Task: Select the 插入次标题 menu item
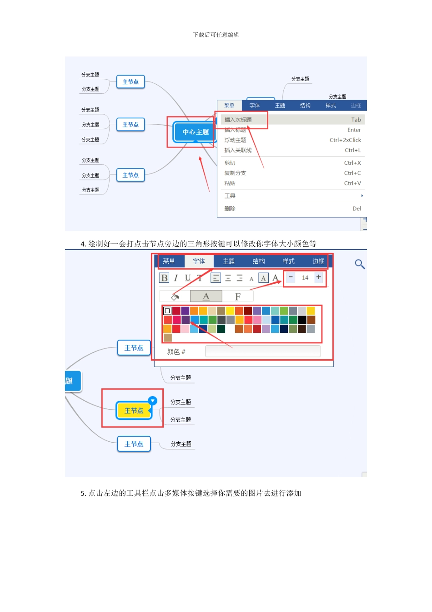[238, 120]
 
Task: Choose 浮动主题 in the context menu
[235, 140]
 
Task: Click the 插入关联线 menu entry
[238, 150]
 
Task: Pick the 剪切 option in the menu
[230, 163]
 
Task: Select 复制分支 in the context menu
[235, 173]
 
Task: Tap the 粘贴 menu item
[230, 184]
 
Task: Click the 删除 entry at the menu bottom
[230, 209]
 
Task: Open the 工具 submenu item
[230, 196]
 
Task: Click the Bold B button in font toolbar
[164, 278]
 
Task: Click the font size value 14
[305, 278]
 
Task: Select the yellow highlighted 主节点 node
[134, 411]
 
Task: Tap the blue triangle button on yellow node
[153, 401]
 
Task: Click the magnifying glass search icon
[360, 264]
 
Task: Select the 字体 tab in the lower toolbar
[199, 261]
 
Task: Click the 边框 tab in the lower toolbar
[318, 261]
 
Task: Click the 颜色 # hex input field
[263, 352]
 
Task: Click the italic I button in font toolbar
[176, 278]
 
